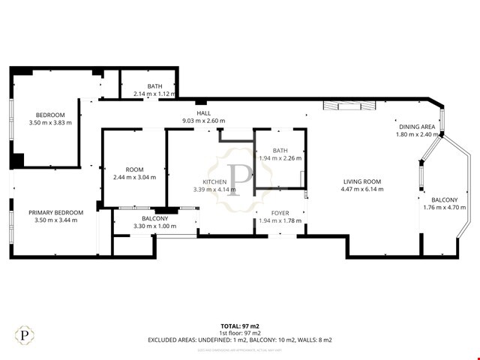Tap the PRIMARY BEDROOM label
coord(55,213)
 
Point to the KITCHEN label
coord(214,181)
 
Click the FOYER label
coord(280,212)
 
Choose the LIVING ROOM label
coord(362,181)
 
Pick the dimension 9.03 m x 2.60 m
coord(204,121)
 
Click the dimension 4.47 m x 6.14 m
coord(362,190)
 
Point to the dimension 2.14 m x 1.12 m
coord(154,94)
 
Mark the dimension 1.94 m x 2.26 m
coord(280,158)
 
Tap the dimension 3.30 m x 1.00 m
coord(154,226)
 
